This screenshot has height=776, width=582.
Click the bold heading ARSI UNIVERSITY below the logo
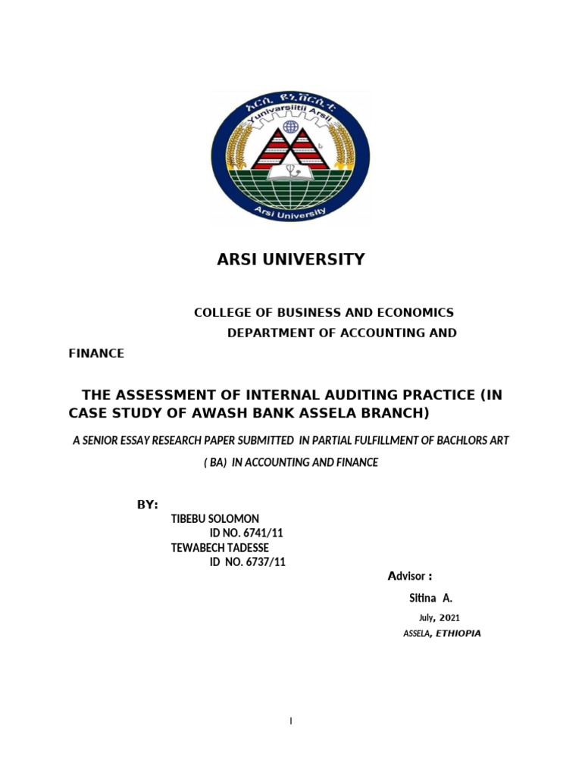(x=290, y=259)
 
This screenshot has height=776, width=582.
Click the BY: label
(x=147, y=505)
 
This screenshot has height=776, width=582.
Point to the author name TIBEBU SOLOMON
(x=216, y=518)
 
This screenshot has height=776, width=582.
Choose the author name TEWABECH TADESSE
(x=221, y=547)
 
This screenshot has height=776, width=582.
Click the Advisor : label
(x=410, y=577)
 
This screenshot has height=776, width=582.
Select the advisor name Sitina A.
(x=430, y=598)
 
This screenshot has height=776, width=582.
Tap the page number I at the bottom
(x=291, y=721)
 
